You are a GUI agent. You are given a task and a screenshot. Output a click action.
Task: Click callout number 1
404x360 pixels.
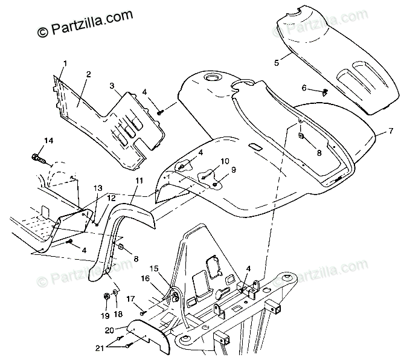click(x=65, y=63)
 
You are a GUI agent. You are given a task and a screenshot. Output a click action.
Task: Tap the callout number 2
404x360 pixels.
click(x=88, y=74)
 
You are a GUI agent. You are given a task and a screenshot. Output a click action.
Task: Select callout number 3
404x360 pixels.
click(x=111, y=86)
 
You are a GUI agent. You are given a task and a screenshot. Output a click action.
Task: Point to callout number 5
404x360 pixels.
click(x=277, y=62)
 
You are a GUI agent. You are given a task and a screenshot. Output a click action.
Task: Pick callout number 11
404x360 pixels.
click(x=139, y=181)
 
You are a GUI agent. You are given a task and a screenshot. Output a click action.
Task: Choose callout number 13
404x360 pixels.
click(x=98, y=188)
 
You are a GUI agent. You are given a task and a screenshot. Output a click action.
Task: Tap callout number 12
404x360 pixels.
click(x=111, y=198)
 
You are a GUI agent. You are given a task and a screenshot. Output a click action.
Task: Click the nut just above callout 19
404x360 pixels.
click(x=106, y=297)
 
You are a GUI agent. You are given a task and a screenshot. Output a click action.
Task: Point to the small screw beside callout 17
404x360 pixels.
click(x=143, y=312)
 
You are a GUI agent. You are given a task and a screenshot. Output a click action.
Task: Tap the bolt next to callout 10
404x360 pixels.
click(x=206, y=176)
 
